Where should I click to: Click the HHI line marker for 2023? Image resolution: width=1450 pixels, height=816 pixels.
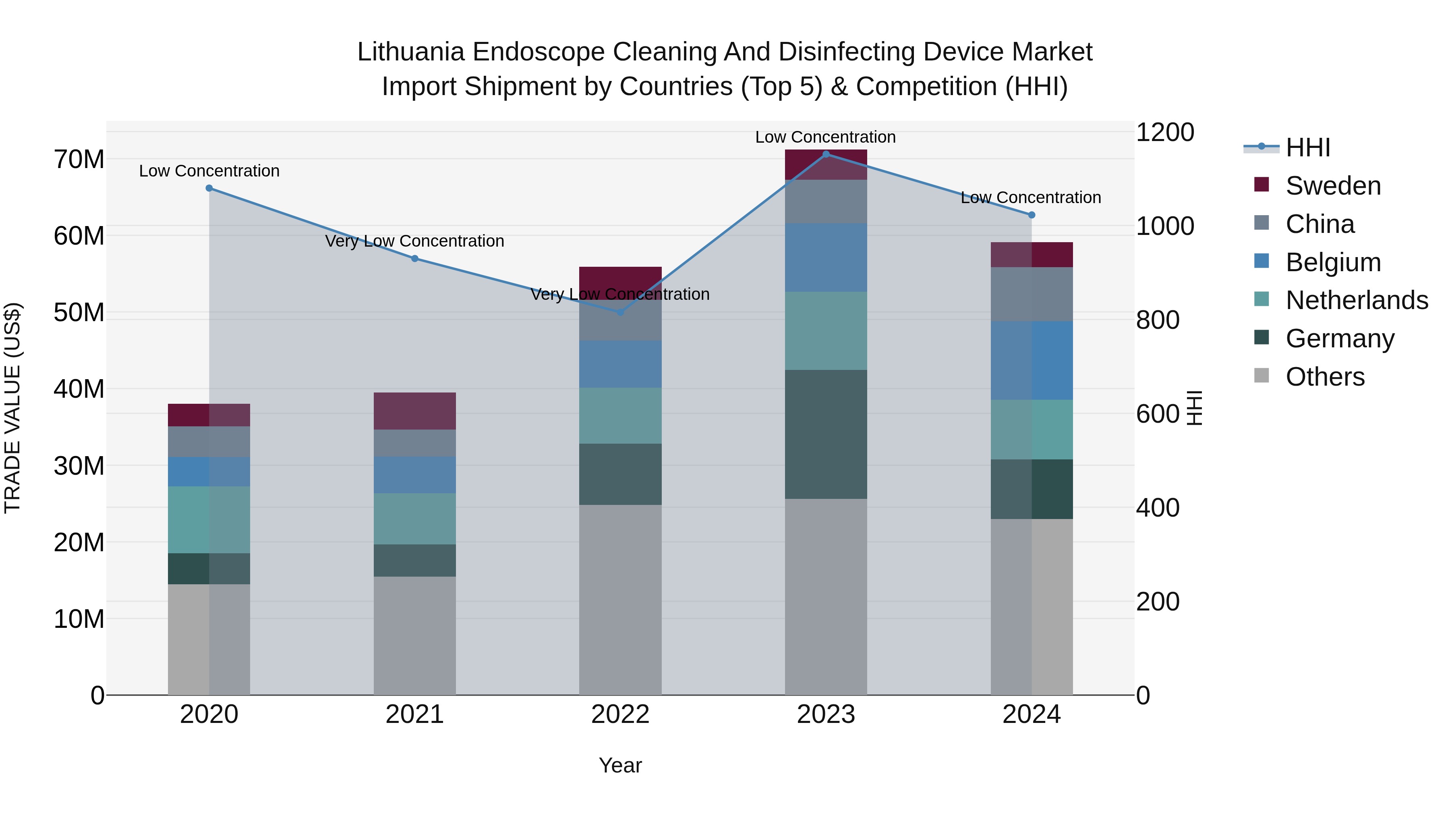pos(826,154)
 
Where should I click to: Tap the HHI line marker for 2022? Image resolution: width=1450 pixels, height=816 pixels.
pos(620,312)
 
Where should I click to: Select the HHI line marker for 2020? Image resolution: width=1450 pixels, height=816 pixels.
pos(209,188)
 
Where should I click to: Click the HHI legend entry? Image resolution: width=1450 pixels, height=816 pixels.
pos(1307,147)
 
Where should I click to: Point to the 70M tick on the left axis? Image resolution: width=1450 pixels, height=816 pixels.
pos(79,160)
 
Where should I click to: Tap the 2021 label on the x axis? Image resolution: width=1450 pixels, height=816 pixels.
pos(414,714)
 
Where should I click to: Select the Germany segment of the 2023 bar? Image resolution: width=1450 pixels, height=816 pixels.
pos(826,434)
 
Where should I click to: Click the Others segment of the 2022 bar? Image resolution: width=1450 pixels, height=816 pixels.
pos(620,599)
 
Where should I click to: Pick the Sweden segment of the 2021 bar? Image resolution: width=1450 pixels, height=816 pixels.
pos(414,411)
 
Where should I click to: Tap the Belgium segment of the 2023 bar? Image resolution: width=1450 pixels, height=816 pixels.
pos(826,257)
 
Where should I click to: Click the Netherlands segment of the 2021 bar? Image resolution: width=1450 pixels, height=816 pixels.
pos(414,519)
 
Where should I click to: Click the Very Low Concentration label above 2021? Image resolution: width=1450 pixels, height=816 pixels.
pos(414,241)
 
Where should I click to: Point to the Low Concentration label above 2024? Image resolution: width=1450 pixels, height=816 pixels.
pos(1031,198)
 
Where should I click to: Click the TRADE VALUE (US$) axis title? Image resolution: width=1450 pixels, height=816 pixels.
pos(12,408)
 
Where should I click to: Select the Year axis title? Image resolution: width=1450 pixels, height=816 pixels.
pos(620,765)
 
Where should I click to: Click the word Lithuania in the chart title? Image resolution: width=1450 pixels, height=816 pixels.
pos(410,52)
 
